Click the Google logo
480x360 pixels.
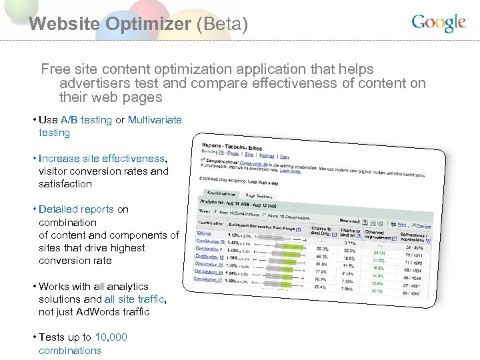pyautogui.click(x=439, y=23)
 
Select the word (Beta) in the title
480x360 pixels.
pyautogui.click(x=222, y=25)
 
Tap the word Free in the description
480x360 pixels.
pyautogui.click(x=55, y=69)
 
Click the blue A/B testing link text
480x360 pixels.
pyautogui.click(x=86, y=120)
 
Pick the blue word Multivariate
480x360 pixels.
pyautogui.click(x=155, y=120)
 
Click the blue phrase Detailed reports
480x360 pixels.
pyautogui.click(x=76, y=209)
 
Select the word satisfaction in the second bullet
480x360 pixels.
pyautogui.click(x=65, y=184)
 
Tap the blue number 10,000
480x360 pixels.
pyautogui.click(x=111, y=337)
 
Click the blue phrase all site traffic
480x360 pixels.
pyautogui.click(x=134, y=299)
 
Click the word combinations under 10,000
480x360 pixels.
pyautogui.click(x=70, y=351)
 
